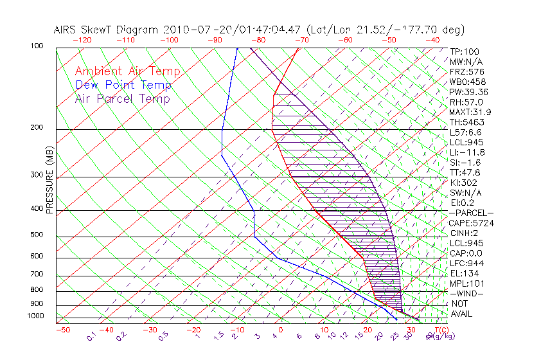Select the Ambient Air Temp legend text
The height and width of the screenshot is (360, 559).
click(127, 71)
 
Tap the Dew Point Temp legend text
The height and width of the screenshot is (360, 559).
click(123, 85)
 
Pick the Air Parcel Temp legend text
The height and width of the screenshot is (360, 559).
click(122, 98)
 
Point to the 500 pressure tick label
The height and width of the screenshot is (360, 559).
click(36, 235)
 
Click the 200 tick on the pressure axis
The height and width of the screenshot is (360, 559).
click(36, 128)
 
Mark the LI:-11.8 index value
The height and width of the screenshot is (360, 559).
click(466, 152)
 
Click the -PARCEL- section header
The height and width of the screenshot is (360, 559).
click(471, 213)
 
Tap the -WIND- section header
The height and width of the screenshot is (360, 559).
click(466, 294)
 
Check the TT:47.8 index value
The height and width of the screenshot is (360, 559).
click(465, 172)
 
